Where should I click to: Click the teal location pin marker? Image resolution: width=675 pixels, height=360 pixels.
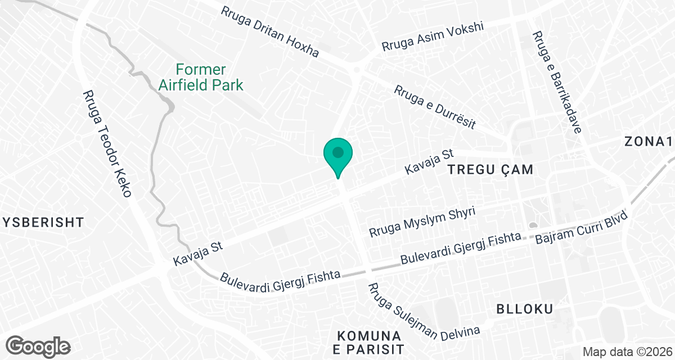pos(337,155)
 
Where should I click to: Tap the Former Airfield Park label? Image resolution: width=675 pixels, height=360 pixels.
pos(201,78)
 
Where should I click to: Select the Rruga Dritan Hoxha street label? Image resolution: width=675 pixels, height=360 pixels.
pos(269,32)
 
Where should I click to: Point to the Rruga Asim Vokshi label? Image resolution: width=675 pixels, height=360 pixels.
pos(433,38)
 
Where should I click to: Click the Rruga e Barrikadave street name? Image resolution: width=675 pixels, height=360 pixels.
pos(556,82)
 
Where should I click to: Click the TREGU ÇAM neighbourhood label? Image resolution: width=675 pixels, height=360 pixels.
pos(490,169)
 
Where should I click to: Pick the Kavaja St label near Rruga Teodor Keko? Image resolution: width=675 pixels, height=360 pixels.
pos(199,254)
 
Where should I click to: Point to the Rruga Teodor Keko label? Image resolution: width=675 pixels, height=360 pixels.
pos(107,144)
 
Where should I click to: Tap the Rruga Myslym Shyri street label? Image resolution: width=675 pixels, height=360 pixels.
pos(422,222)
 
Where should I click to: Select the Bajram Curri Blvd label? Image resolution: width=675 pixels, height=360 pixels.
pos(585,229)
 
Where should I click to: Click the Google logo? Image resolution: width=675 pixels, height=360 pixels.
pos(39,345)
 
